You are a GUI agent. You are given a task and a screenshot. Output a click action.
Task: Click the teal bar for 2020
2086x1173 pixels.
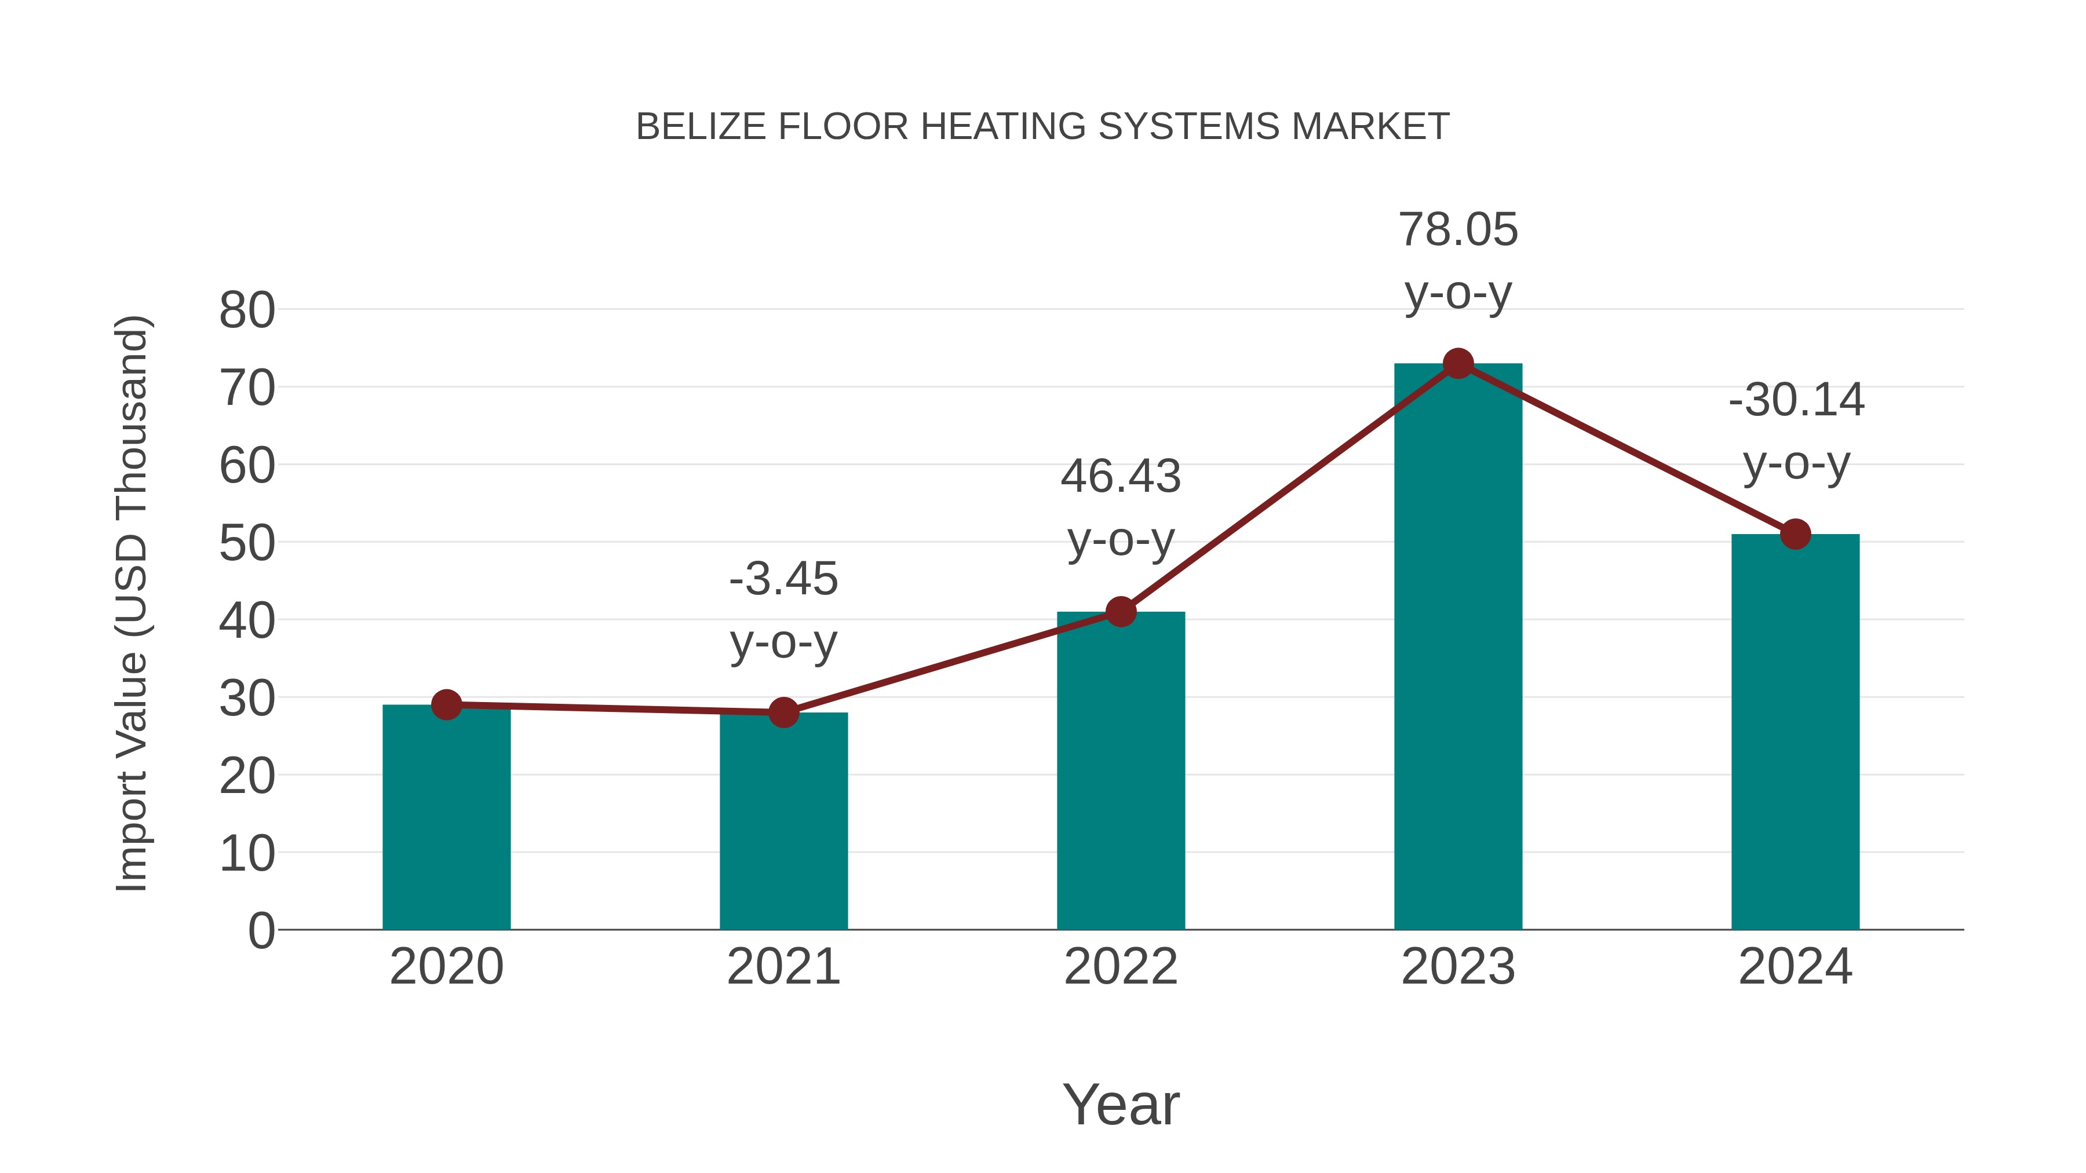[446, 817]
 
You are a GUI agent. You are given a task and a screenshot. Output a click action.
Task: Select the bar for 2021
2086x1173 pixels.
[783, 821]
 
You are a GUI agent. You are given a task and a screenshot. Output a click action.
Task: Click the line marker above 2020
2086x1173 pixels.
[446, 705]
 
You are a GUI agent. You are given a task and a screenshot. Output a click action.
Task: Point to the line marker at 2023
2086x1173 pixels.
[1458, 363]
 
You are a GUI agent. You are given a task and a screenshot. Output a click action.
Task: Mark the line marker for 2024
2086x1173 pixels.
[1795, 534]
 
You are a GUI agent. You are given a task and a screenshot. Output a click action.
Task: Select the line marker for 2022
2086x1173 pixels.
[1121, 612]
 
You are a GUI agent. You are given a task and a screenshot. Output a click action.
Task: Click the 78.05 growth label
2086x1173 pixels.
[1458, 230]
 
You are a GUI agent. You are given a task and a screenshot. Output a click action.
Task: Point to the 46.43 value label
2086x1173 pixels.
[1121, 476]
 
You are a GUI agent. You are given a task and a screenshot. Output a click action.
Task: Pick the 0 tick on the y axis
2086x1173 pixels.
[261, 930]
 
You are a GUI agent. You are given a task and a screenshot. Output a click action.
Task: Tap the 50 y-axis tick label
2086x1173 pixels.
[247, 543]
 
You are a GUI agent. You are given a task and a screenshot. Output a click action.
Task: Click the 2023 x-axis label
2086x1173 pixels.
[1458, 967]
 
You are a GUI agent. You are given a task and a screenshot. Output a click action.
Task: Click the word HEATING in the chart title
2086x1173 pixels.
[1002, 127]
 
